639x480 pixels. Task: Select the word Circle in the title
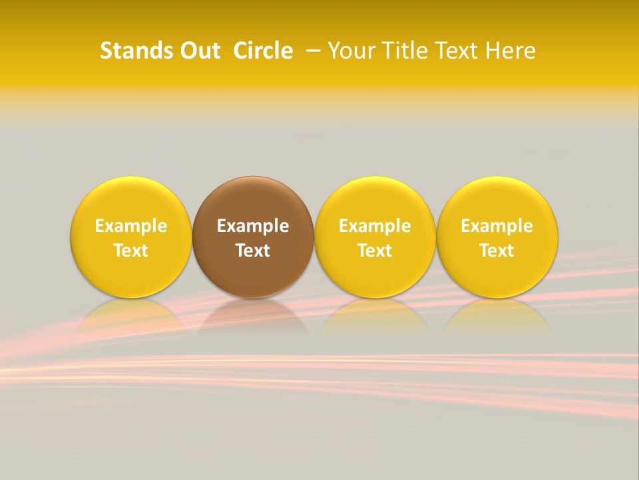click(263, 51)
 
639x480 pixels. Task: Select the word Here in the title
click(509, 51)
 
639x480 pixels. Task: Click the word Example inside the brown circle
click(253, 226)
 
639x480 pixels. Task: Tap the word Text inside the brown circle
click(253, 251)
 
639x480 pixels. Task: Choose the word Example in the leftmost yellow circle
click(131, 226)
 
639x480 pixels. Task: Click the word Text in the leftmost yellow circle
click(131, 251)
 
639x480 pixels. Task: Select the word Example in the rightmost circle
click(497, 226)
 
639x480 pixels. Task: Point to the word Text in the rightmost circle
click(497, 251)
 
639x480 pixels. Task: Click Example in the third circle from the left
click(375, 226)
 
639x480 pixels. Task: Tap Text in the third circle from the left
click(375, 251)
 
